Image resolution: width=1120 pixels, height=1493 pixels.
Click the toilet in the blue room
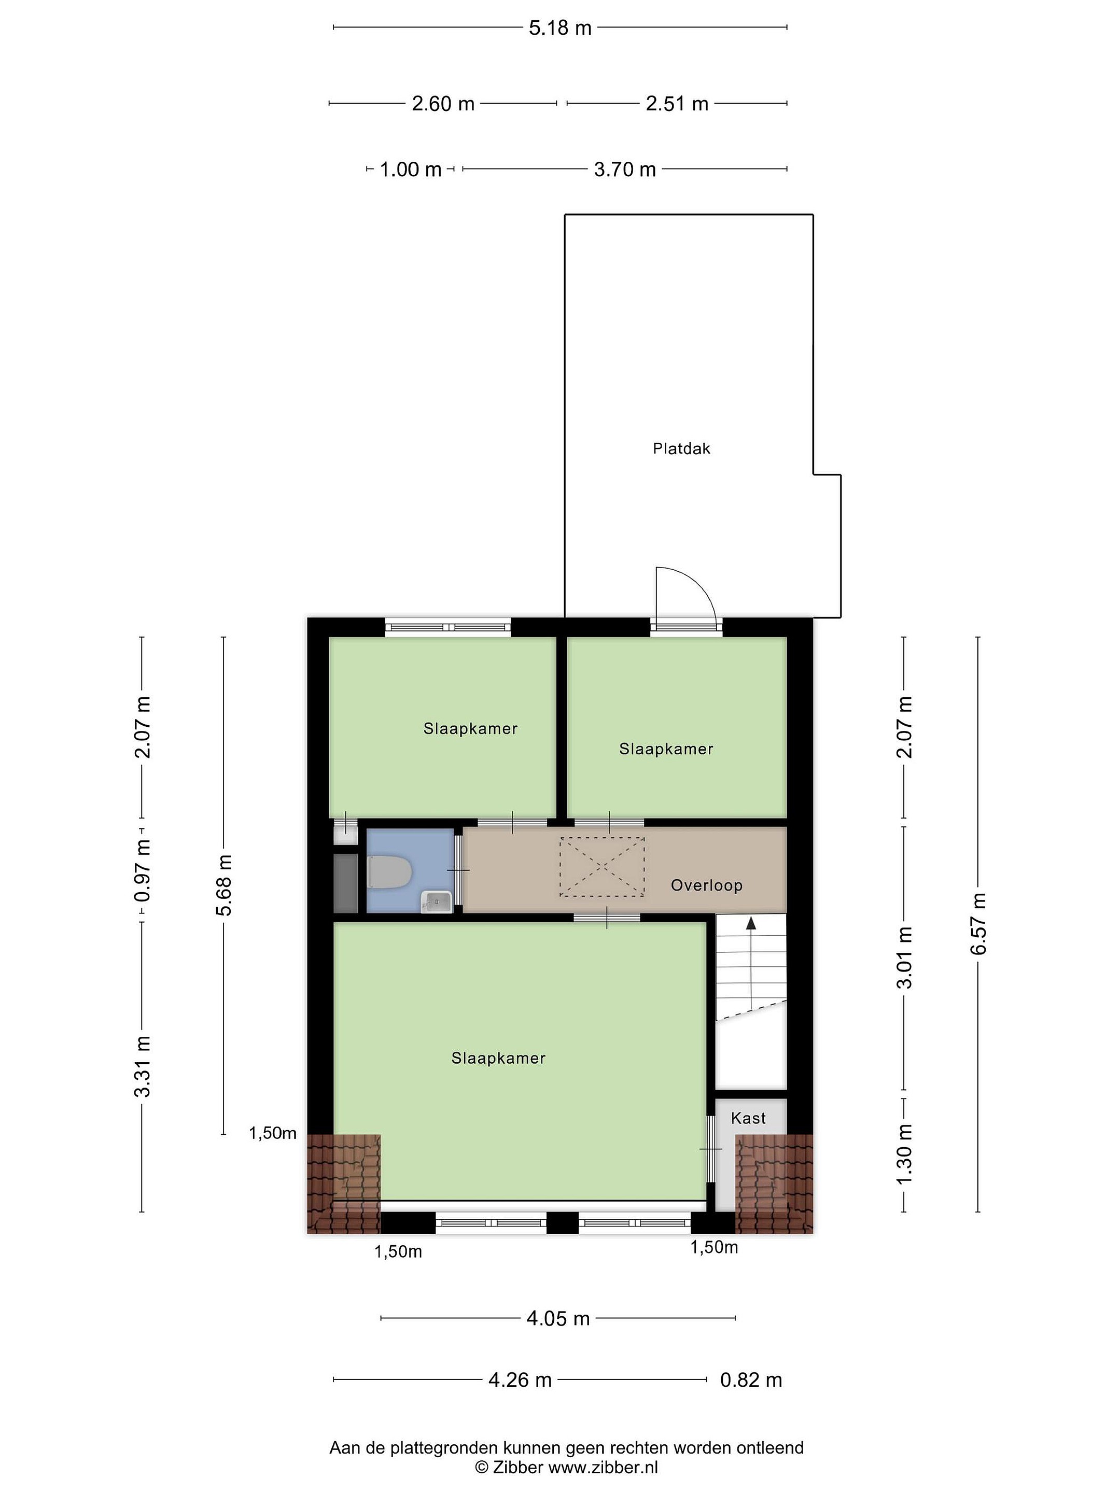tap(389, 872)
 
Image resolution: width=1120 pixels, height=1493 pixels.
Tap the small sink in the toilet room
tap(437, 901)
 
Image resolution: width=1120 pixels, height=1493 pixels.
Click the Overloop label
tap(706, 885)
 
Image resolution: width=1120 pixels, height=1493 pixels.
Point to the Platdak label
tap(681, 449)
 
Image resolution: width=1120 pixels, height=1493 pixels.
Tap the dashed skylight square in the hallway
tap(601, 867)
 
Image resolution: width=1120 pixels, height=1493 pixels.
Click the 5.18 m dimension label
tap(559, 27)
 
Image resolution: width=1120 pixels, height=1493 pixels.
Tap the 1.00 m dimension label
tap(411, 170)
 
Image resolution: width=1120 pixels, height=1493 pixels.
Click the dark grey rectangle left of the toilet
tap(346, 883)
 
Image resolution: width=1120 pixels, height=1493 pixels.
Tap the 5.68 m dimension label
tap(224, 885)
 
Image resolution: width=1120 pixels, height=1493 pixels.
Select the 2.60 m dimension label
tap(443, 104)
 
